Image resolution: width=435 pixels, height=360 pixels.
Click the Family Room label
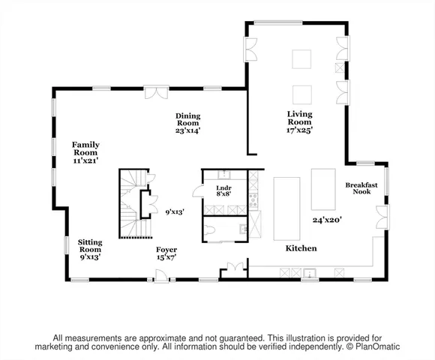click(85, 145)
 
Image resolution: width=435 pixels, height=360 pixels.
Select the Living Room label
click(299, 118)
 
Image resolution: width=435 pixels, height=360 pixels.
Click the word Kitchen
click(300, 248)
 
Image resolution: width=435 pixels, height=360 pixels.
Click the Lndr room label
click(223, 187)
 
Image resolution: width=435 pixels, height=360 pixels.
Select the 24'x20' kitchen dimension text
click(327, 220)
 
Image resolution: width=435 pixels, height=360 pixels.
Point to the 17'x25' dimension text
click(299, 130)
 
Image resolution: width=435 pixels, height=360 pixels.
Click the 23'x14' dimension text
click(187, 130)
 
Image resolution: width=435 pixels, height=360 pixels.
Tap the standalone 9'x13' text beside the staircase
click(174, 212)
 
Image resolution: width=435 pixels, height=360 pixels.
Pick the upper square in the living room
click(302, 59)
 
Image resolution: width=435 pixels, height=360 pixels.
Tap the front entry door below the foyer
click(160, 279)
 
